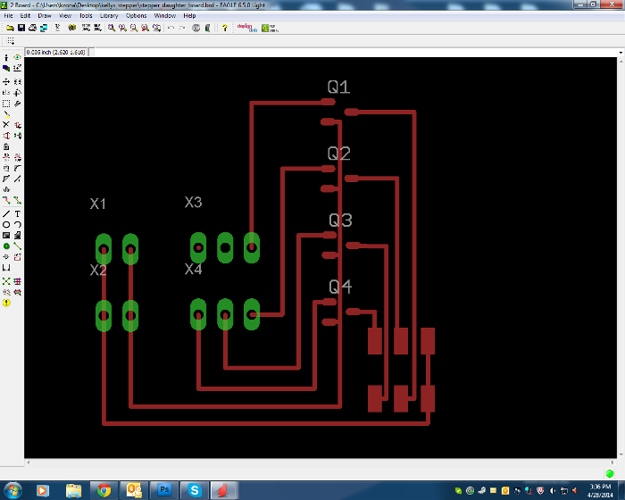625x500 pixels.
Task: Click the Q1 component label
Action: (x=338, y=87)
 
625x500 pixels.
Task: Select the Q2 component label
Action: (x=339, y=154)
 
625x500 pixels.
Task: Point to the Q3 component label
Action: (x=340, y=221)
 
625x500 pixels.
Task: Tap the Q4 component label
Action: (x=340, y=287)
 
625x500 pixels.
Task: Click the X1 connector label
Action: (x=98, y=204)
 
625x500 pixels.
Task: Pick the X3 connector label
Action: (x=193, y=203)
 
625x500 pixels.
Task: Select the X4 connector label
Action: (x=193, y=269)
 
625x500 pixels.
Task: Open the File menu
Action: (x=9, y=15)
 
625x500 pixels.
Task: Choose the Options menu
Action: (x=137, y=15)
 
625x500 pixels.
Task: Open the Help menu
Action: (x=190, y=15)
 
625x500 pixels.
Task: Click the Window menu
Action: (x=164, y=15)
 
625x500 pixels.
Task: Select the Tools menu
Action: (x=86, y=15)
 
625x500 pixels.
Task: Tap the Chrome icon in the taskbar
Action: (x=104, y=490)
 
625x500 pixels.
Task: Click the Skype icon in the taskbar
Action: (x=193, y=490)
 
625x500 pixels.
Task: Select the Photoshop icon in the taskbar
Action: (x=164, y=490)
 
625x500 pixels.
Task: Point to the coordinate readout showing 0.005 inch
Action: (x=55, y=53)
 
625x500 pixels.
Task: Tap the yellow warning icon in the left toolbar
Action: (x=6, y=303)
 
